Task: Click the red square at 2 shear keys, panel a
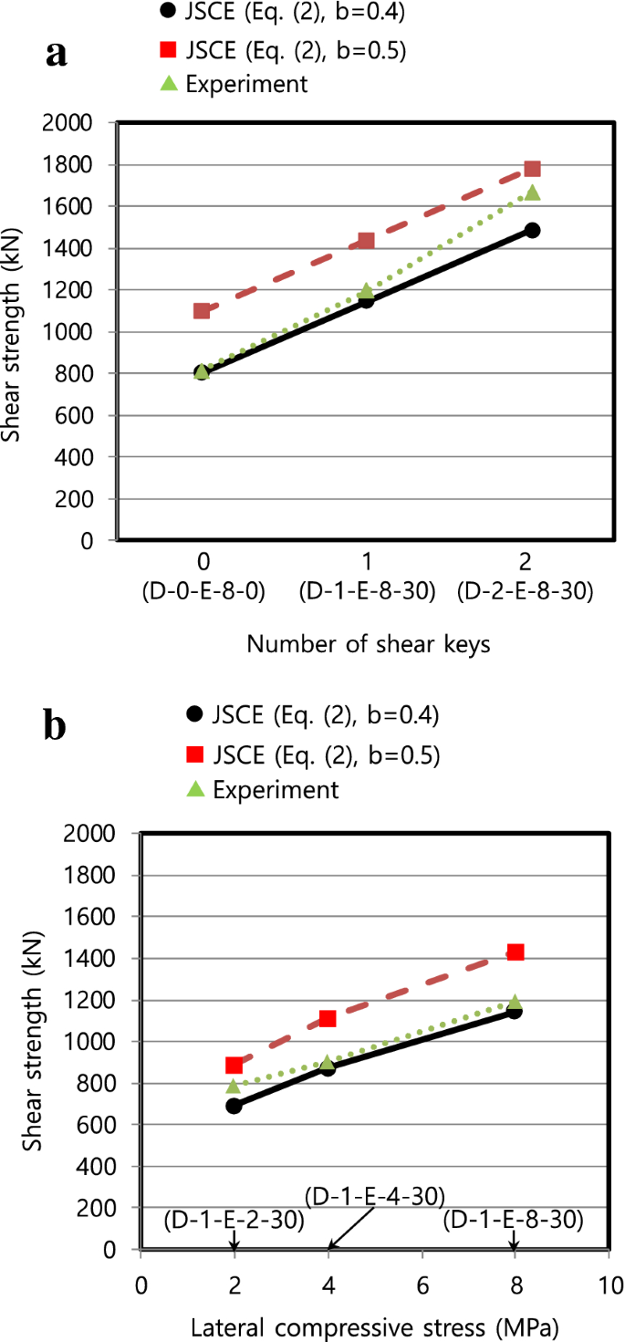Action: click(x=532, y=169)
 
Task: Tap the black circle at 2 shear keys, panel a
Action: click(x=532, y=231)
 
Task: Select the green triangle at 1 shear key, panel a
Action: click(x=366, y=291)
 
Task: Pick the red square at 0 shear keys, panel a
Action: click(x=202, y=311)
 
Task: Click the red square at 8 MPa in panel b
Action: click(x=515, y=952)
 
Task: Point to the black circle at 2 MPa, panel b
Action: click(x=234, y=1105)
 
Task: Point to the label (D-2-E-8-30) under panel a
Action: click(x=526, y=591)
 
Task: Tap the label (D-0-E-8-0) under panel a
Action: click(x=203, y=591)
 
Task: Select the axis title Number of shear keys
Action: click(x=369, y=644)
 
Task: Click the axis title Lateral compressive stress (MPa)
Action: click(x=373, y=1324)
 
